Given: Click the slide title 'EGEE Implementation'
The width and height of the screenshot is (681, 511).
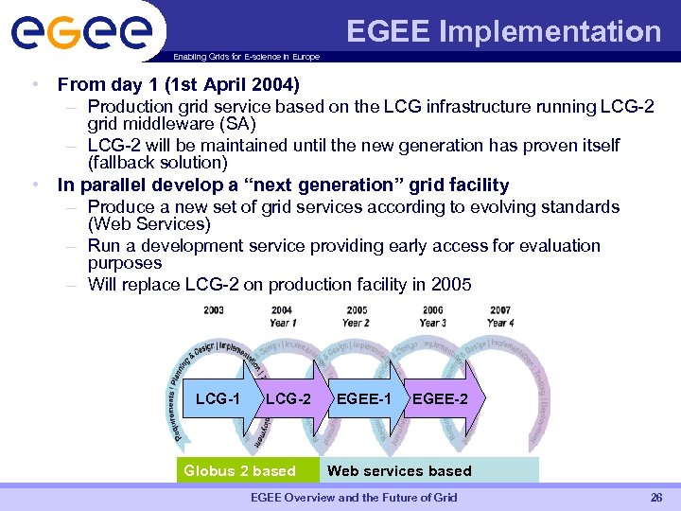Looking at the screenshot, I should click(503, 31).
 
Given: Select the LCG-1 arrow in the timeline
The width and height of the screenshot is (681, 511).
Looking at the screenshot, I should click(219, 398).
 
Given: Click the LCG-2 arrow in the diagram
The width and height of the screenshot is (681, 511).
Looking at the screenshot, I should click(288, 398).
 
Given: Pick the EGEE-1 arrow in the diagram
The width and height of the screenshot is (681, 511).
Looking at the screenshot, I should click(363, 398).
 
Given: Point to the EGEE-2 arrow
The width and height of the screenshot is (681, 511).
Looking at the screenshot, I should click(441, 398).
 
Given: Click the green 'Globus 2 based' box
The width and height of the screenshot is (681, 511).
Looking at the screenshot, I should click(240, 470).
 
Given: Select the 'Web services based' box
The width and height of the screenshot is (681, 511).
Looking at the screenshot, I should click(399, 470).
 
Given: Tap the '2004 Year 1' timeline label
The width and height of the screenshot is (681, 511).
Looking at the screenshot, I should click(281, 316).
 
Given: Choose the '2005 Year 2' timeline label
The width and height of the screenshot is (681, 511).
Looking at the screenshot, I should click(357, 316).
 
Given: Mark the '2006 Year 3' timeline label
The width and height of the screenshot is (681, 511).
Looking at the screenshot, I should click(431, 316).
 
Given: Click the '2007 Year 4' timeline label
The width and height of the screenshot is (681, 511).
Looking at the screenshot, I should click(500, 316).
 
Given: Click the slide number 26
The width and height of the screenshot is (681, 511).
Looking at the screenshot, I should click(655, 498).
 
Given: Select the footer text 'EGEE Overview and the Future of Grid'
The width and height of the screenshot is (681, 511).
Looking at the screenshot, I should click(353, 498).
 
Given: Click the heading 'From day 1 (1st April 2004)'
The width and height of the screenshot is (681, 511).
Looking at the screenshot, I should click(178, 84).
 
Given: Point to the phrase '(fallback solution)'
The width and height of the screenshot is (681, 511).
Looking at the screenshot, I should click(157, 163).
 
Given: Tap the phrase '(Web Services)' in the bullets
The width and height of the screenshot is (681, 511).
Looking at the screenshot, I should click(148, 224).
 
